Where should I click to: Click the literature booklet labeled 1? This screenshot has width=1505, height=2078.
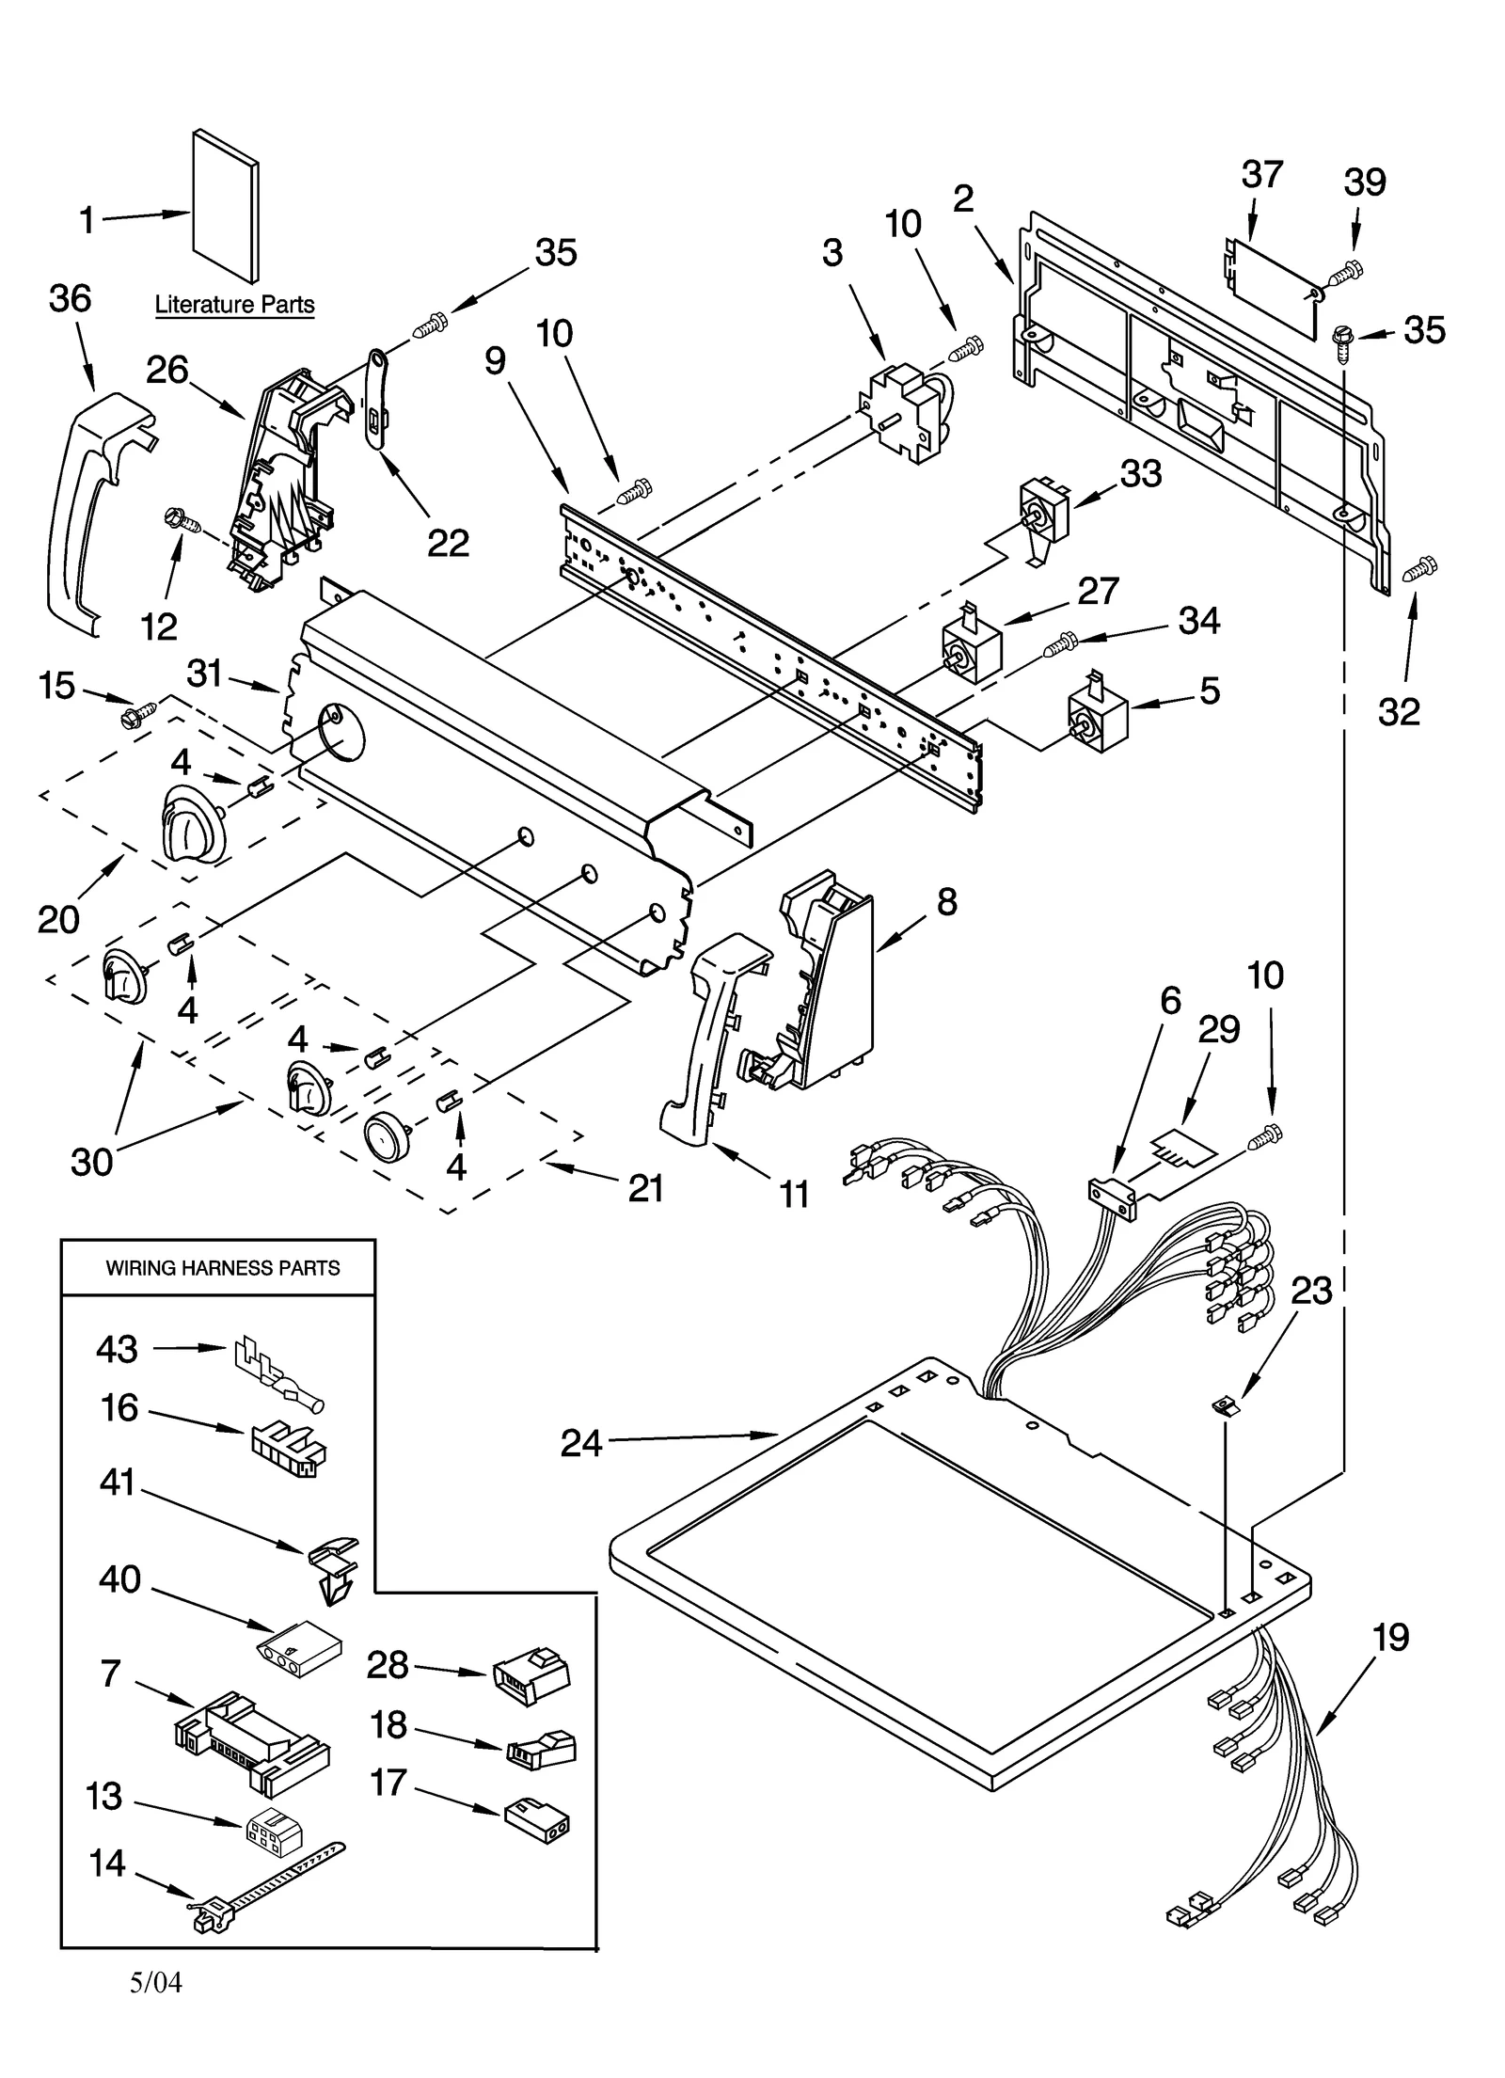coord(226,205)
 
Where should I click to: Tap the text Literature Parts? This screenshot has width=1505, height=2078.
coord(234,305)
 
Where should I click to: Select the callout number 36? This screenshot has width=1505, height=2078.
coord(70,299)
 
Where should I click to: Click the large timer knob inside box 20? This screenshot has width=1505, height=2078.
coord(194,824)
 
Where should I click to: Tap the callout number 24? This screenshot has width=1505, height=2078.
coord(580,1442)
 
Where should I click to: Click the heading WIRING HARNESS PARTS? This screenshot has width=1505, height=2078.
coord(223,1269)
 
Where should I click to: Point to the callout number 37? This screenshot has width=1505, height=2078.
coord(1261,175)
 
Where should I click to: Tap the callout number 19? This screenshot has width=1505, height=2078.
coord(1390,1638)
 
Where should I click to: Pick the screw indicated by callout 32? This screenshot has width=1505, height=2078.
coord(1419,567)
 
